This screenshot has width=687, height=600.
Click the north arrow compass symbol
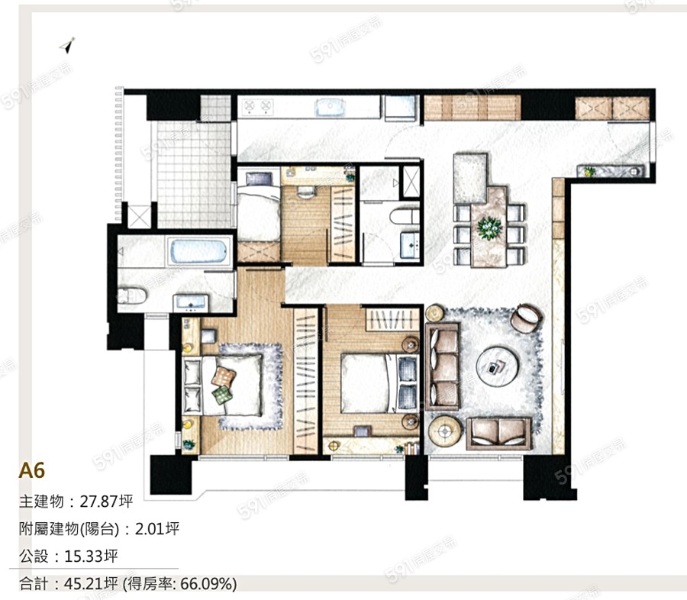[67, 45]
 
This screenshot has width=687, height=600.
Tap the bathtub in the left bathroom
[199, 252]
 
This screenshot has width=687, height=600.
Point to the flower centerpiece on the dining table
[489, 228]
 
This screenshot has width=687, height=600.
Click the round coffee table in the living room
[498, 366]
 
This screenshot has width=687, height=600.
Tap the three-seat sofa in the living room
[443, 366]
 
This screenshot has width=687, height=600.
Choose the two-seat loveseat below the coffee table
[498, 433]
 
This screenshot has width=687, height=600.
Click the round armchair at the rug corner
[526, 318]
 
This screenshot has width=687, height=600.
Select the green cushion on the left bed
[222, 395]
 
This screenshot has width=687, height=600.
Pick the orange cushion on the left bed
[224, 376]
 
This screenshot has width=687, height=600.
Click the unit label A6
[31, 471]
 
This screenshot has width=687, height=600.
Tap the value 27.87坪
[106, 501]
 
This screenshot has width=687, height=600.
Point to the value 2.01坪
[156, 528]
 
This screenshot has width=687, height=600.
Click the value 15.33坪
[91, 556]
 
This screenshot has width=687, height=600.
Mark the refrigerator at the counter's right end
[400, 108]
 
